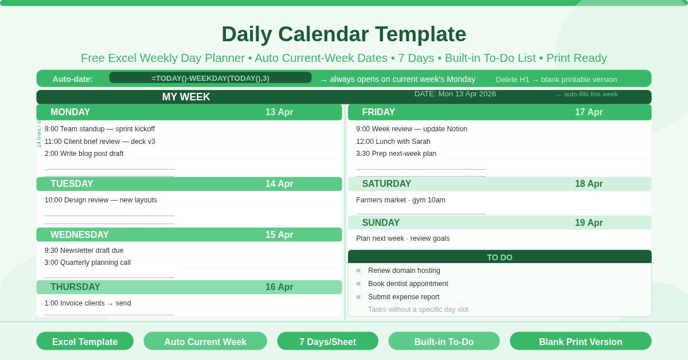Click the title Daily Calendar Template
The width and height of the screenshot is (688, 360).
point(343,34)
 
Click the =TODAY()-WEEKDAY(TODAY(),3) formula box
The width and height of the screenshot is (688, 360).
point(210,78)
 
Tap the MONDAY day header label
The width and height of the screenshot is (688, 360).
point(70,112)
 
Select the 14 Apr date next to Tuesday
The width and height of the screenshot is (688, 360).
point(279,184)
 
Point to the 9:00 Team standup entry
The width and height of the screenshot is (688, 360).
point(100,129)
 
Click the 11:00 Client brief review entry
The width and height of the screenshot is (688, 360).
point(100,142)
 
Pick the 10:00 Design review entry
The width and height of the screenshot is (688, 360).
point(101,200)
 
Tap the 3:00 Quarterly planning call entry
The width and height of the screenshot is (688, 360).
point(88,263)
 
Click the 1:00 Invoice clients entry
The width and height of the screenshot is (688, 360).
point(88,303)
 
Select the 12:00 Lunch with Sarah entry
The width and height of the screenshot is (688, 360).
point(393,142)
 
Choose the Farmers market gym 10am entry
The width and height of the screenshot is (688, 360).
point(401,200)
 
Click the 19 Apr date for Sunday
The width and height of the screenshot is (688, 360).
point(589,223)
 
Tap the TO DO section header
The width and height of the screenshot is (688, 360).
point(499,257)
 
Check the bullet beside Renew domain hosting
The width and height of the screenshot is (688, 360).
point(358,271)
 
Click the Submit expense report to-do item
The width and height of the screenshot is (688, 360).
point(404,297)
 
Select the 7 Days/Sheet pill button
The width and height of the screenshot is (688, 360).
point(327,342)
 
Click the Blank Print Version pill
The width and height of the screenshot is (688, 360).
point(580,342)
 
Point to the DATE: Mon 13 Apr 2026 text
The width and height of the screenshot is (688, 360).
point(455,94)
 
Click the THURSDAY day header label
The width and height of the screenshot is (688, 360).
point(75,287)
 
